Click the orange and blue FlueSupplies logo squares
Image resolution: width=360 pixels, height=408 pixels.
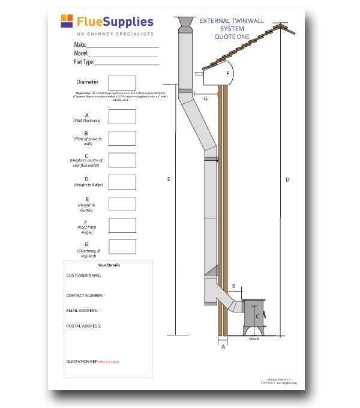(67, 22)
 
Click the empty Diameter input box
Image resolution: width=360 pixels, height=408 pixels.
(122, 83)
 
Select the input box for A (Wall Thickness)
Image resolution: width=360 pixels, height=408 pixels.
(122, 116)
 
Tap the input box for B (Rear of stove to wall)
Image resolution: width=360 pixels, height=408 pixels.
(122, 138)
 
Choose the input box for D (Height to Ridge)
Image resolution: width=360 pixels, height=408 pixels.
(122, 182)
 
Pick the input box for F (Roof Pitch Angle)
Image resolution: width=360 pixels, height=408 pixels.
(122, 225)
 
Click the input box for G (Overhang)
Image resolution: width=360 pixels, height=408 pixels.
(122, 247)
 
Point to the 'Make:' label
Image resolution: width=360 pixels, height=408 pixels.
(80, 45)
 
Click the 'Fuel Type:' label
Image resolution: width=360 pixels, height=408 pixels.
(83, 62)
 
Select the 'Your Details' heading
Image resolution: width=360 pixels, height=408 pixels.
(109, 265)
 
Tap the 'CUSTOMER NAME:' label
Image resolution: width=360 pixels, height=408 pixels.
(83, 275)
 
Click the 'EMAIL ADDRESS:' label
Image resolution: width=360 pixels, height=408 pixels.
(82, 311)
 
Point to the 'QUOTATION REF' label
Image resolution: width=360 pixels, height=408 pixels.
(81, 362)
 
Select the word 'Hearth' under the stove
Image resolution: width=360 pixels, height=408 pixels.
(254, 339)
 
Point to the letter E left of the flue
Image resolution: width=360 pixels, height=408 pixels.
(170, 179)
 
